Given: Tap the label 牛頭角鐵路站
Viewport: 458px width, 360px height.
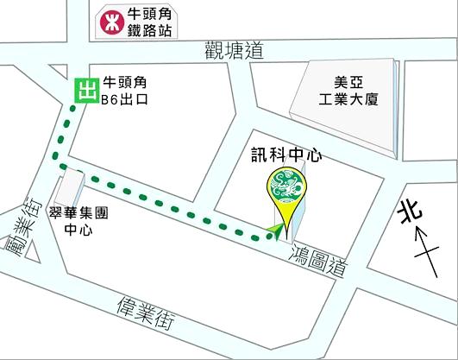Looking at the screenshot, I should coord(151,21).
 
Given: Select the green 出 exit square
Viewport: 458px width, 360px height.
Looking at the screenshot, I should coord(85,90).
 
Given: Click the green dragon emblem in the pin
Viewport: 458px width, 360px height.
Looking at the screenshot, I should coord(285,185).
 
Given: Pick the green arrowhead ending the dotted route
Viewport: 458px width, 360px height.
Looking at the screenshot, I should coord(273,230).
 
